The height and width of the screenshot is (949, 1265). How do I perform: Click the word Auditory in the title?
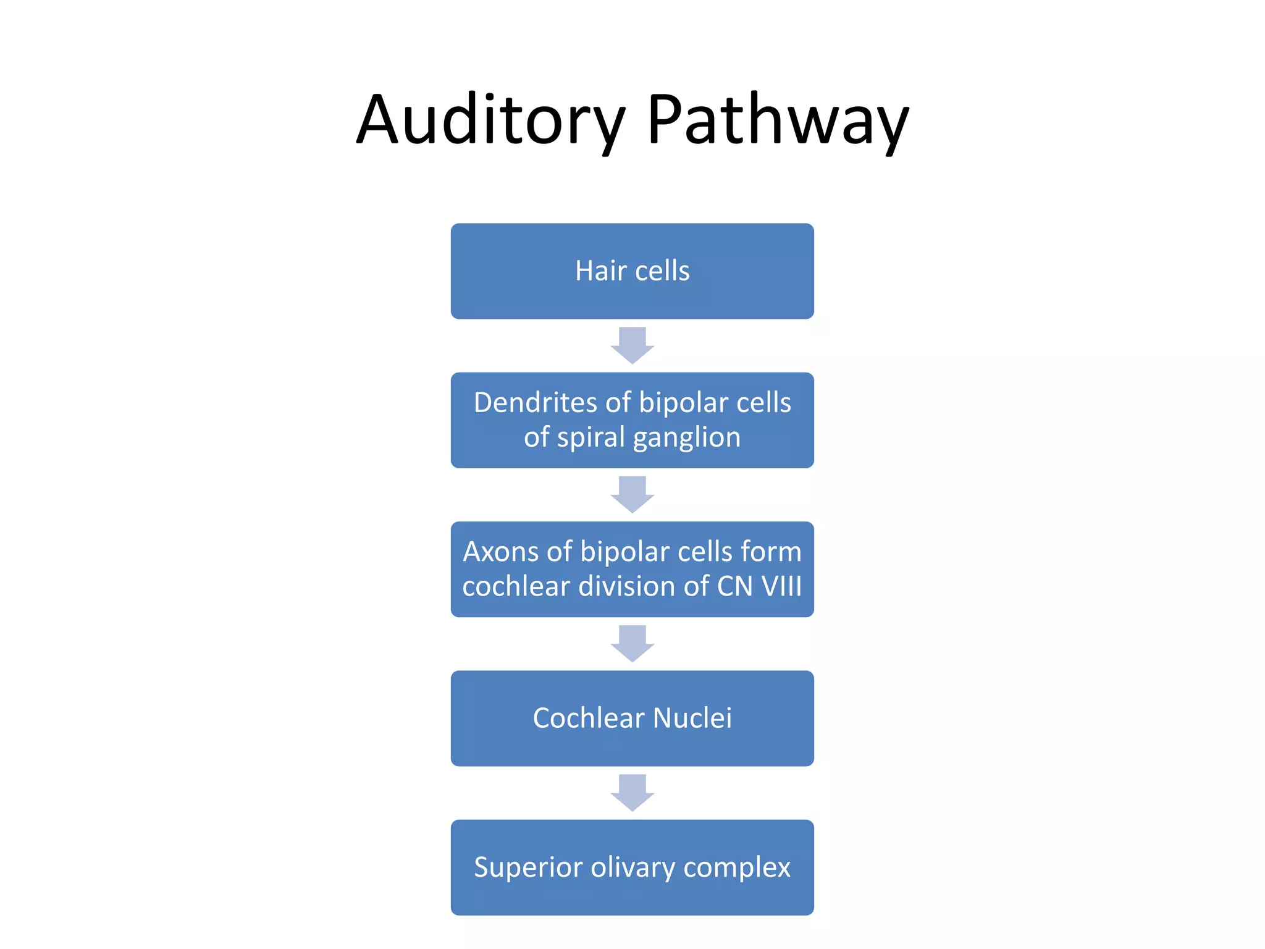click(x=491, y=120)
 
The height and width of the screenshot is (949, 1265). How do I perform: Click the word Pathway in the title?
click(x=778, y=120)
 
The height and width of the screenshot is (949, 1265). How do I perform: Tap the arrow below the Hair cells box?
click(x=632, y=345)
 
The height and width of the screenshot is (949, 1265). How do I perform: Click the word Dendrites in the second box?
click(x=536, y=403)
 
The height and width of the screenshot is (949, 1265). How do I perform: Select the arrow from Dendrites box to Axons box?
click(x=632, y=494)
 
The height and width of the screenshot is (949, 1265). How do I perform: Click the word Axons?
click(x=500, y=552)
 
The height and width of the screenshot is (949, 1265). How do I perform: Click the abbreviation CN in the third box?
click(x=734, y=586)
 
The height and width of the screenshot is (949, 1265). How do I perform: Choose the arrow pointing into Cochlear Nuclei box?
click(x=632, y=643)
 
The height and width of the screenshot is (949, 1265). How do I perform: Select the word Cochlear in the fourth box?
click(x=588, y=719)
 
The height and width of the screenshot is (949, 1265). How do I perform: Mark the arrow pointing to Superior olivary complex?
click(x=632, y=793)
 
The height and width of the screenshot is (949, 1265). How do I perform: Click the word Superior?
click(x=527, y=867)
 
